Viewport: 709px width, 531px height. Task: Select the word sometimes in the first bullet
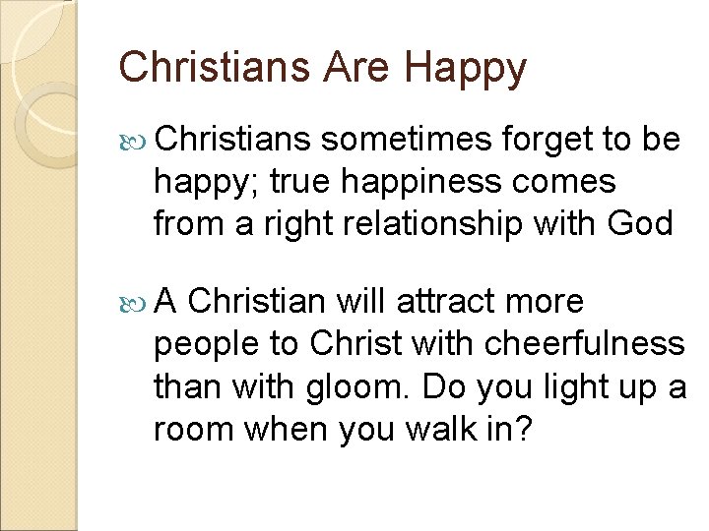click(x=407, y=140)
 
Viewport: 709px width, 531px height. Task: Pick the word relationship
click(x=449, y=224)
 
